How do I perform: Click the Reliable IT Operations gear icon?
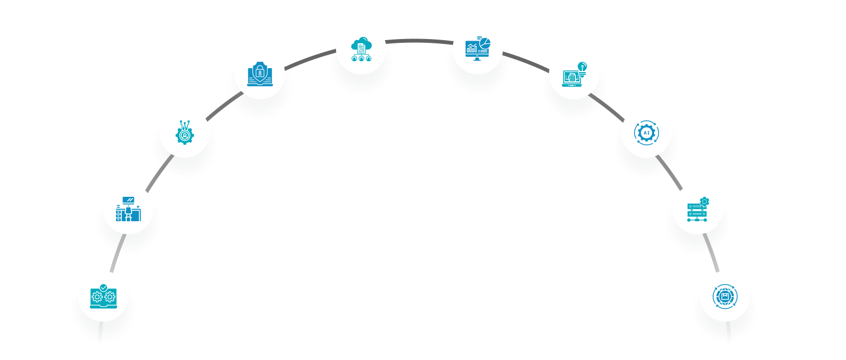pos(102,295)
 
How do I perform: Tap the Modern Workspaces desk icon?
pos(128,210)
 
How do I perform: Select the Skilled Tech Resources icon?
pos(185,132)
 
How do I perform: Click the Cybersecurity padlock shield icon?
pos(261,73)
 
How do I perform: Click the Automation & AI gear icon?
pos(646,132)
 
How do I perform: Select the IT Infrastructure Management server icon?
pos(698,208)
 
